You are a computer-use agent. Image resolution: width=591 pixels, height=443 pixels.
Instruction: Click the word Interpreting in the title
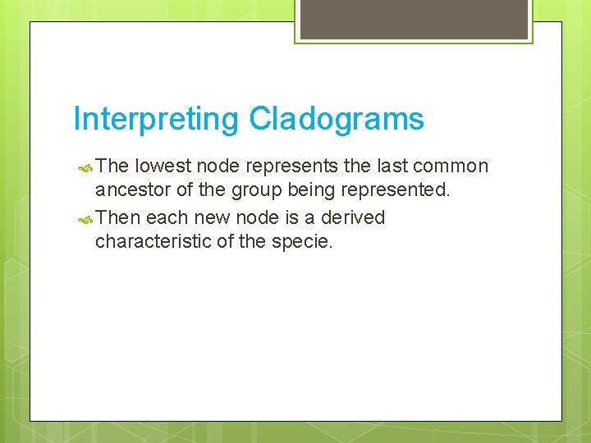pos(157,120)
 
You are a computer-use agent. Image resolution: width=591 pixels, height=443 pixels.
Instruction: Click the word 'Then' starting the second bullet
pos(117,217)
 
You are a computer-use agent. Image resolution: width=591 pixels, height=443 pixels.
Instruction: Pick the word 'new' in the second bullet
pos(205,217)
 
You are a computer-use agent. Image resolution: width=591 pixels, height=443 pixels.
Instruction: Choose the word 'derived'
pos(353,217)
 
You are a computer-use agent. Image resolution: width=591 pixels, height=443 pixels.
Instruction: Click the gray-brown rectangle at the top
pos(414,18)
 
